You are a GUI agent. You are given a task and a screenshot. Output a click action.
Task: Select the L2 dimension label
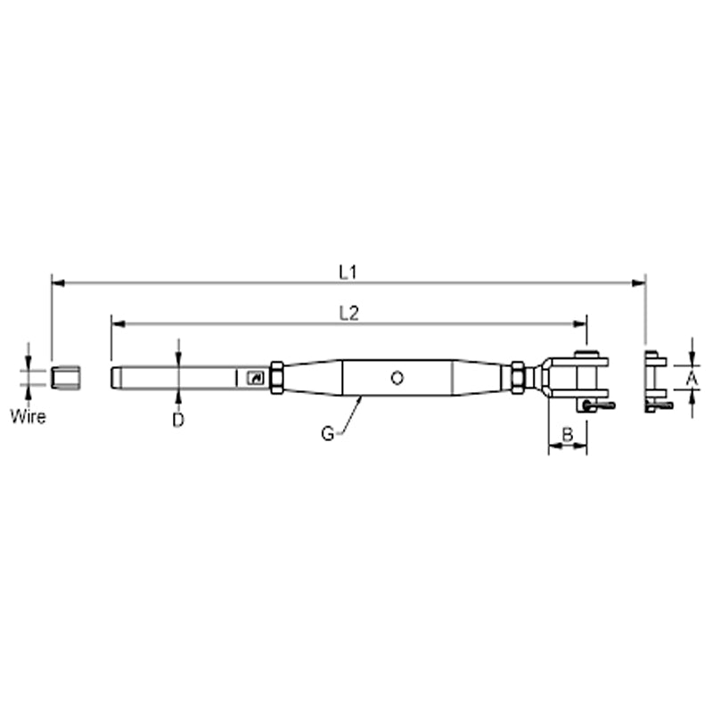[x=348, y=312]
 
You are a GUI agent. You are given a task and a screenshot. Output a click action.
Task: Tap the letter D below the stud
[x=178, y=420]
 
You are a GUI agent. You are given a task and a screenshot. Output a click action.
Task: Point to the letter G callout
[x=328, y=434]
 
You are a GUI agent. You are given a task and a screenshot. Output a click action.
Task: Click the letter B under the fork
[x=567, y=435]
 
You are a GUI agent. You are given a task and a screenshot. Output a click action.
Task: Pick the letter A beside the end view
[x=691, y=379]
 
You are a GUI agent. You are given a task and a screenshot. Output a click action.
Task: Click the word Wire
[x=28, y=415]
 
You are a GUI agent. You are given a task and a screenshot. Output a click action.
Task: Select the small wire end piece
[x=65, y=377]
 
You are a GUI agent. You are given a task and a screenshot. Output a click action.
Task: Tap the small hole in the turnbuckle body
[x=397, y=377]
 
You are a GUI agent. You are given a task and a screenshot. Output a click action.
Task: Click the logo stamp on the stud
[x=254, y=378]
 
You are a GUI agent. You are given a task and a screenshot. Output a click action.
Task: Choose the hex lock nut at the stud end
[x=276, y=377]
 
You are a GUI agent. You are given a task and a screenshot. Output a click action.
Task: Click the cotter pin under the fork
[x=594, y=406]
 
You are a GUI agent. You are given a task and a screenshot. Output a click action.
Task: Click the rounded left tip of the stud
[x=114, y=377]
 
